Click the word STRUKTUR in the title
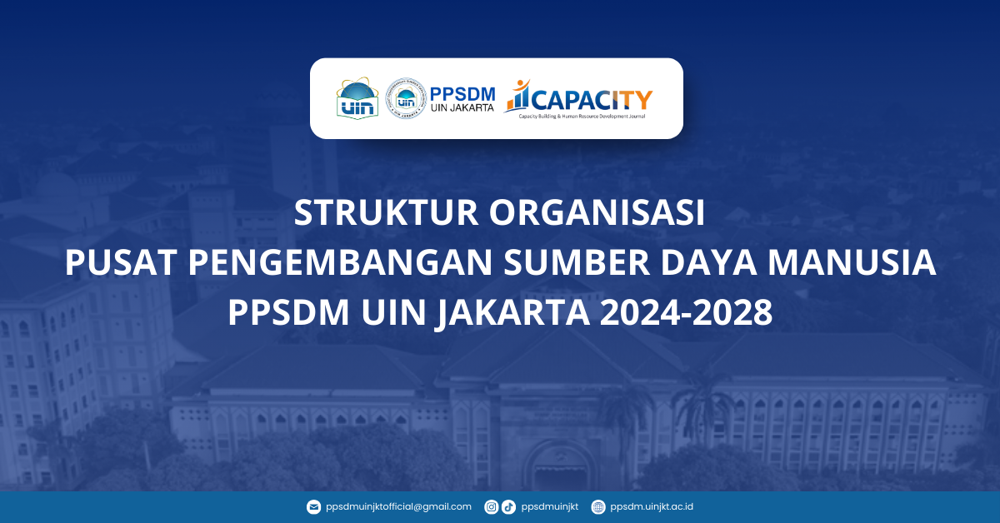386,214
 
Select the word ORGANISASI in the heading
597,214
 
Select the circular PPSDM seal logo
406,98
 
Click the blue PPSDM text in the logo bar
463,92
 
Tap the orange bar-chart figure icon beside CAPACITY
517,96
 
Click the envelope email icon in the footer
313,506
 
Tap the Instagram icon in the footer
492,506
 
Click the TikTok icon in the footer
508,506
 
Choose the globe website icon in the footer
598,506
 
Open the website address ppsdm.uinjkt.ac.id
652,506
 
